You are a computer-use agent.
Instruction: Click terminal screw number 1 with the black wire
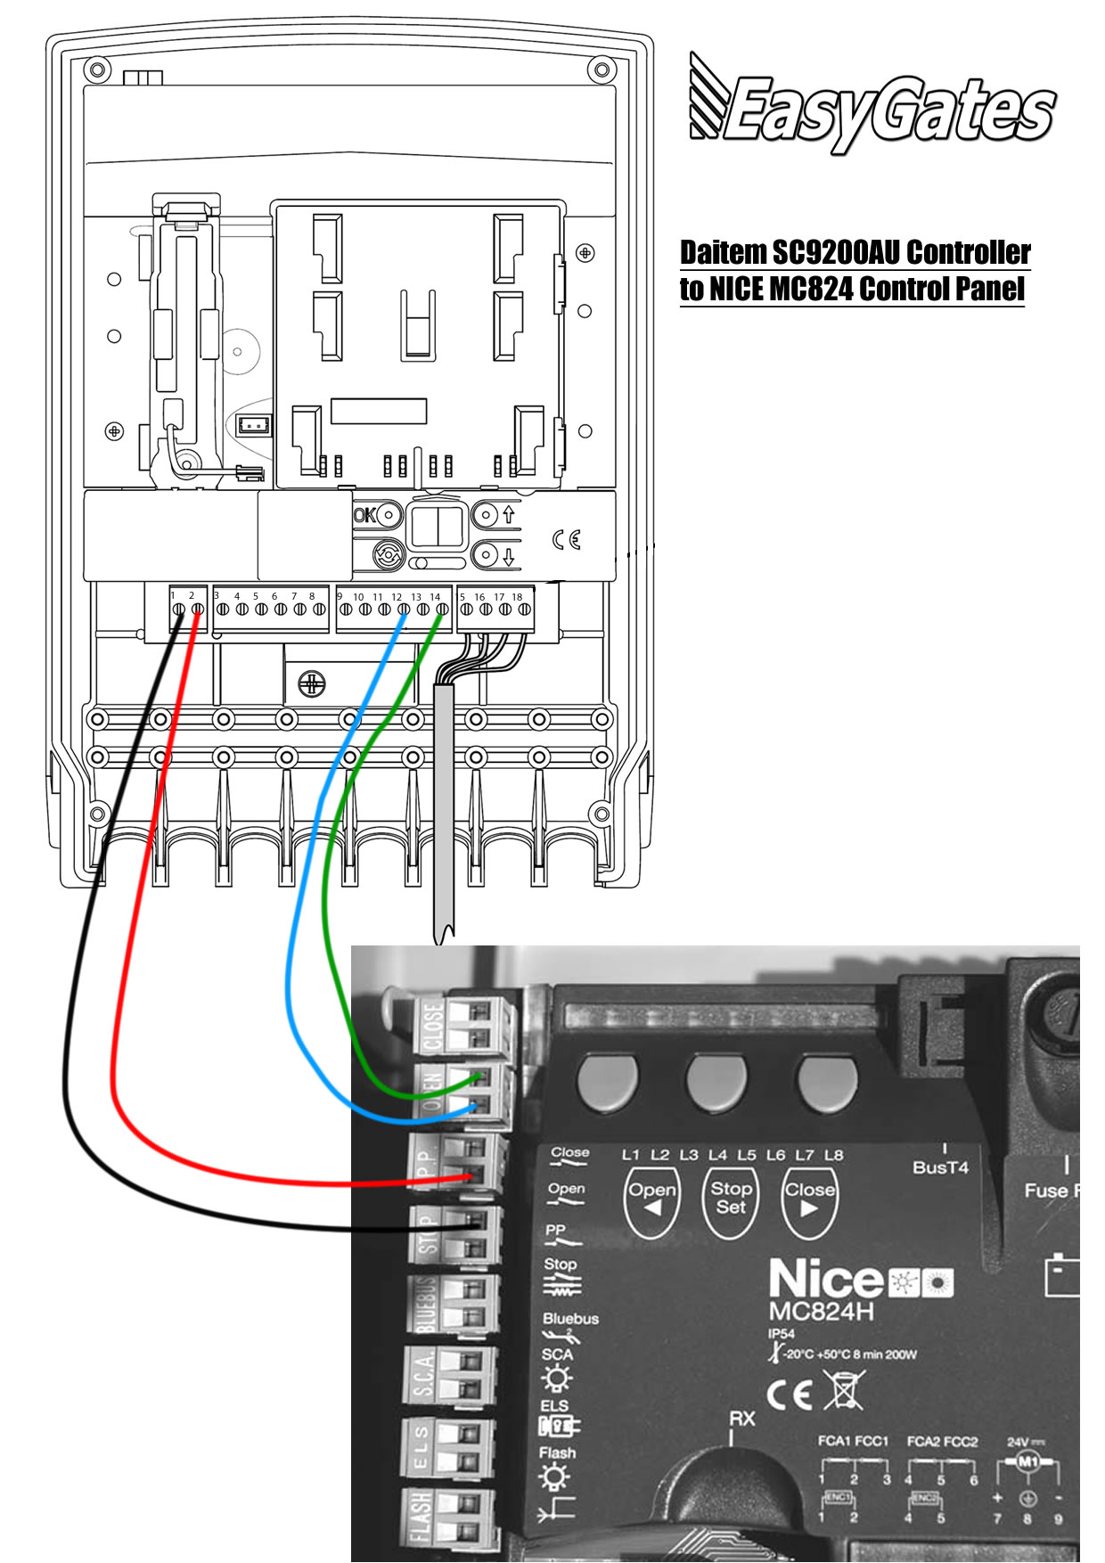(x=178, y=610)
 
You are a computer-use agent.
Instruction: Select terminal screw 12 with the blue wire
(x=404, y=610)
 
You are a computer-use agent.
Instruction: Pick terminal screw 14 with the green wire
(x=441, y=610)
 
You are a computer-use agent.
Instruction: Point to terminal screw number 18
(x=523, y=610)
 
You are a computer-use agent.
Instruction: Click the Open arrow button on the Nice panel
(x=652, y=1199)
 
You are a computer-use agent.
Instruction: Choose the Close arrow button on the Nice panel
(x=809, y=1199)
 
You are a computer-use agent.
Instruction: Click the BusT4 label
(x=940, y=1167)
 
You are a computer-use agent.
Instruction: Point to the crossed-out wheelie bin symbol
(x=842, y=1390)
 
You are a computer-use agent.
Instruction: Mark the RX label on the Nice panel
(x=741, y=1417)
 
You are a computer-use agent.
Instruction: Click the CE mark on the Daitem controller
(x=566, y=540)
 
